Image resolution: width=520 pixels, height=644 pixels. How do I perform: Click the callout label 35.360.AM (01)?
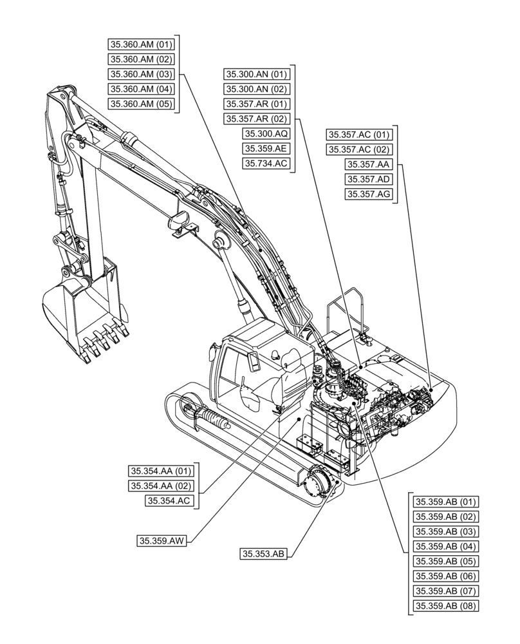tap(140, 44)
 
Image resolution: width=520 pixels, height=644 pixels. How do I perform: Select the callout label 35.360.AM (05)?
tap(140, 104)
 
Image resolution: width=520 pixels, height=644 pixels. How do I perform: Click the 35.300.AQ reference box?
tap(266, 134)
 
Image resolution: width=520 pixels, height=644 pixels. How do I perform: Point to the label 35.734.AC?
tap(266, 164)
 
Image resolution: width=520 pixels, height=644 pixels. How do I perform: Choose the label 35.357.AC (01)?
tap(359, 135)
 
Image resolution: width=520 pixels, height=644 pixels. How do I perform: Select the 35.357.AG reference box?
tap(368, 194)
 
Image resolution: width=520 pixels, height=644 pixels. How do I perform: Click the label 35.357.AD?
tap(368, 179)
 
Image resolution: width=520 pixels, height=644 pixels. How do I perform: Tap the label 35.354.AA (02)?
tap(161, 486)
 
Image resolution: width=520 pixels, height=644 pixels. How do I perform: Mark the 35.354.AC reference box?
tap(170, 500)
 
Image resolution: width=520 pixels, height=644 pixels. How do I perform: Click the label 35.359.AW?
tap(162, 541)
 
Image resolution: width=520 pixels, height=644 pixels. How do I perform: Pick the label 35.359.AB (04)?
tap(445, 546)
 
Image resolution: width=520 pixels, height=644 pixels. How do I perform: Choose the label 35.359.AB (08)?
tap(445, 605)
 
